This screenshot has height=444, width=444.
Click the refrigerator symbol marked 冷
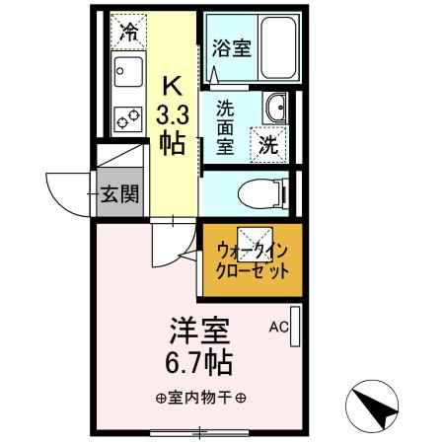click(x=127, y=31)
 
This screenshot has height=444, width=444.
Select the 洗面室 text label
click(x=225, y=125)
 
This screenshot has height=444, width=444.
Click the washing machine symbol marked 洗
click(x=267, y=143)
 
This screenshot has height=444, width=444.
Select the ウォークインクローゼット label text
click(x=253, y=259)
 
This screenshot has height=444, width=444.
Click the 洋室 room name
click(x=187, y=330)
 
